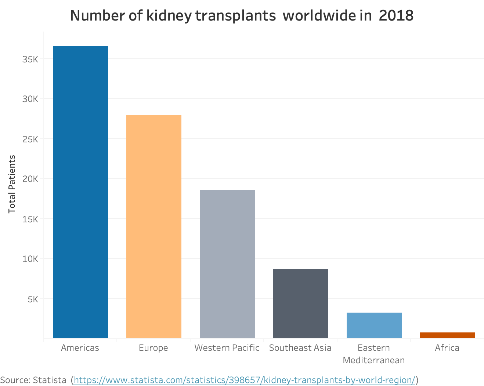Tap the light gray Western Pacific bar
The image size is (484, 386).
click(x=227, y=264)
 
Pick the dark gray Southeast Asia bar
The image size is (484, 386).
click(x=300, y=303)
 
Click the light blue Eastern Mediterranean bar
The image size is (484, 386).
click(x=374, y=325)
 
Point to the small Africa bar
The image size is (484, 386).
click(x=447, y=335)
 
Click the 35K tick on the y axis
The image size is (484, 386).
click(x=30, y=59)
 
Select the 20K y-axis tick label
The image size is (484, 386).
click(x=30, y=179)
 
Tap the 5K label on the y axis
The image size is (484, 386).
click(x=33, y=299)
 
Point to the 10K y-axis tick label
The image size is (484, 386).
click(x=30, y=259)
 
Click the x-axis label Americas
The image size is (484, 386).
click(x=80, y=348)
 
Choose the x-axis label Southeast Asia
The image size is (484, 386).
click(x=300, y=348)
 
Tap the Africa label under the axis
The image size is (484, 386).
click(x=447, y=348)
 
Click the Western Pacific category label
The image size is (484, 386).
click(x=227, y=348)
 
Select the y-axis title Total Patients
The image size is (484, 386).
click(x=12, y=184)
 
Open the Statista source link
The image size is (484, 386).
click(x=245, y=380)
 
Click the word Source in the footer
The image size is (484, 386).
click(x=15, y=380)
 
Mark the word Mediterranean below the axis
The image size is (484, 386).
click(x=374, y=360)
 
